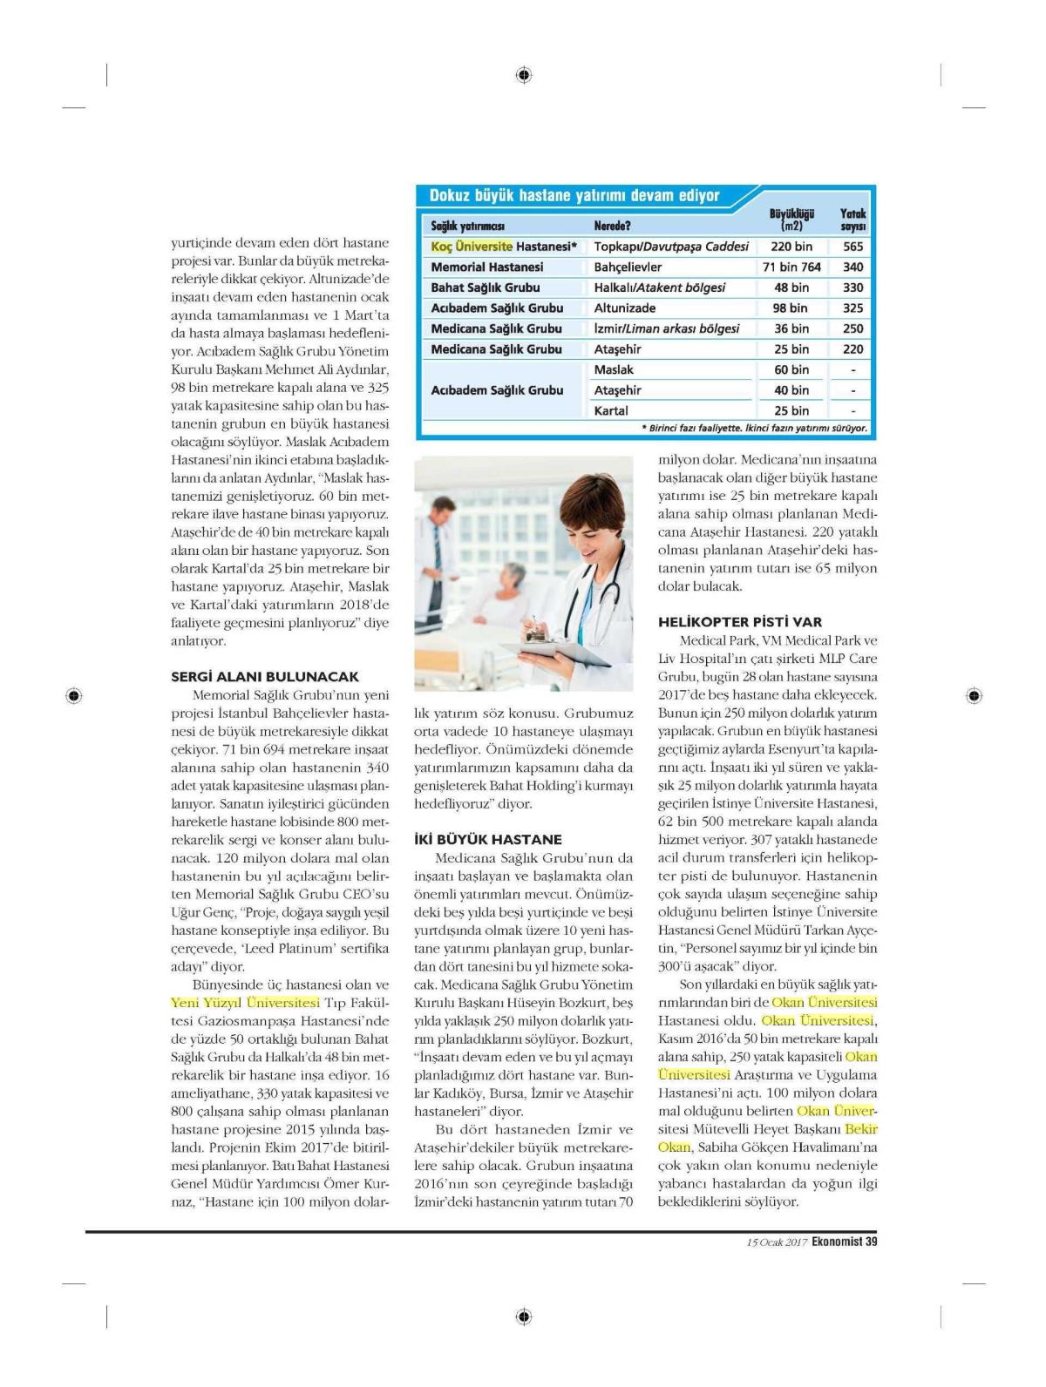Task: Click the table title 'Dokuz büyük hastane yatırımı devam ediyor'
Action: point(574,196)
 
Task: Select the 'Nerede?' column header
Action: point(612,227)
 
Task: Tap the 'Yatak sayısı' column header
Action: point(852,220)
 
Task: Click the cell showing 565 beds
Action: point(852,247)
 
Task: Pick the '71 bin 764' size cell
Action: point(791,267)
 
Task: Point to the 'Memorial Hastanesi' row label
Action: point(486,267)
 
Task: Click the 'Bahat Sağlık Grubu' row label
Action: point(485,288)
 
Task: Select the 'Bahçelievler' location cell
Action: point(628,267)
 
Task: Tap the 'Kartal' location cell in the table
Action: point(611,410)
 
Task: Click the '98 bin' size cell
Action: point(791,308)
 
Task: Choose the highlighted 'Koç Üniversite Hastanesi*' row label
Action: point(504,247)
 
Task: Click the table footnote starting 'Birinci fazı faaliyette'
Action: point(754,429)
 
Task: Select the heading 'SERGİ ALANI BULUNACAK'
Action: point(265,676)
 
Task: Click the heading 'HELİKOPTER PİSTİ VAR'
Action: point(740,622)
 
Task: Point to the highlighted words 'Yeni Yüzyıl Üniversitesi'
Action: point(246,1002)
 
